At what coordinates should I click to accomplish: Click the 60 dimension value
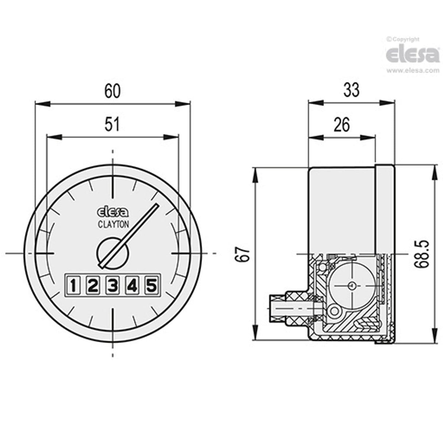tap(112, 91)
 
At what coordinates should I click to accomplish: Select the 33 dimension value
tap(351, 90)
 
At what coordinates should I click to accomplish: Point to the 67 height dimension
tap(244, 253)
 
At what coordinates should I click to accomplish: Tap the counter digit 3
tap(113, 285)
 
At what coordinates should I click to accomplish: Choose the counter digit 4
tap(132, 285)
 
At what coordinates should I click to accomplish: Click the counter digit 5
tap(152, 285)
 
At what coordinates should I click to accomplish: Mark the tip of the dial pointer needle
tap(157, 205)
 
